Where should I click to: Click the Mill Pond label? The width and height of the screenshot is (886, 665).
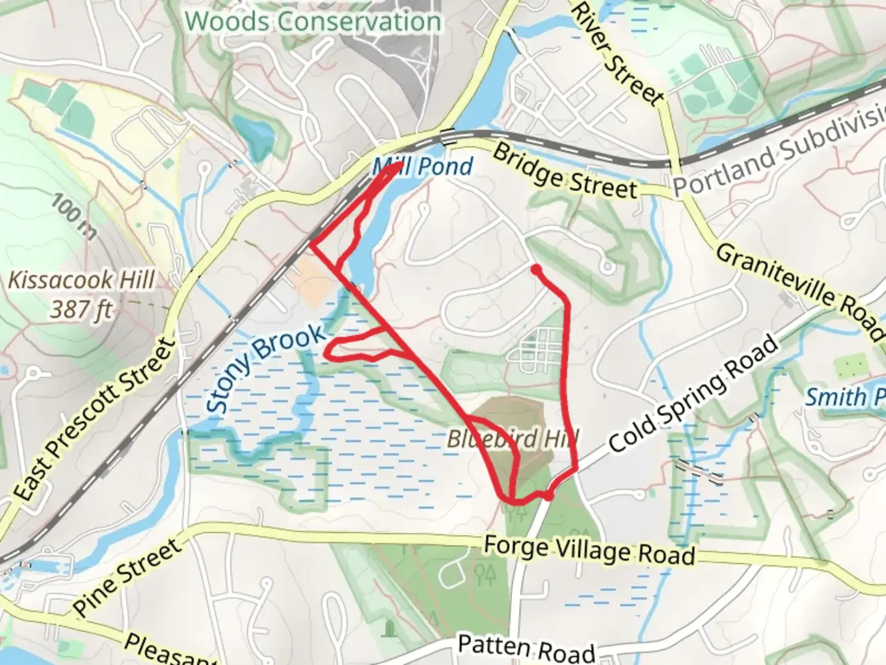(423, 166)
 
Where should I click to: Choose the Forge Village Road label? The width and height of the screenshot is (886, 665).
(589, 550)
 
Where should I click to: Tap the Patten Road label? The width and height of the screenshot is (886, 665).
(526, 648)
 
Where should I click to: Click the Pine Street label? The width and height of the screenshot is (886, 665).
(128, 578)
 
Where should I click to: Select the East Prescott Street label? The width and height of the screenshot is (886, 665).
(94, 419)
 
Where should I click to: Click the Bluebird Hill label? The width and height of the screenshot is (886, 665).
(513, 439)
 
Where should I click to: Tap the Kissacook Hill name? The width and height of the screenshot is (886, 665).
(81, 281)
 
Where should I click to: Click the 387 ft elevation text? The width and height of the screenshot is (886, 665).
(81, 308)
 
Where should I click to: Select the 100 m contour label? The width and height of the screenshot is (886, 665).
(74, 216)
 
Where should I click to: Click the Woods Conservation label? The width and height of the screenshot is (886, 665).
(313, 22)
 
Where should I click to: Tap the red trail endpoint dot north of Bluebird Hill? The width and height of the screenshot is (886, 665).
(536, 269)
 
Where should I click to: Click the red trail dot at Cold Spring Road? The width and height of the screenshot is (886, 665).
(548, 494)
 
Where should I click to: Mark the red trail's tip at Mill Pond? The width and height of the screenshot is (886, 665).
(400, 165)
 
